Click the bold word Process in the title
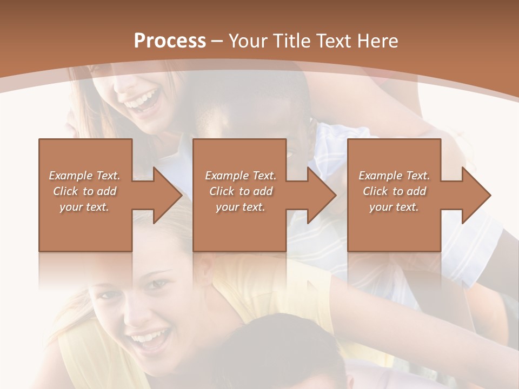170,41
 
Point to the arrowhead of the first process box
164,195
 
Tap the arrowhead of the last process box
474,195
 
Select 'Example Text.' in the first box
84,176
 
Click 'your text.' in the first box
84,207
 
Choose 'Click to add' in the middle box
241,191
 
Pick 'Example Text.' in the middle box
241,176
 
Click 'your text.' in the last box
394,207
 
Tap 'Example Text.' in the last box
394,176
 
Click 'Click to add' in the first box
84,191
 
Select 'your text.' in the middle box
241,207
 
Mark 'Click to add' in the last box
394,191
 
